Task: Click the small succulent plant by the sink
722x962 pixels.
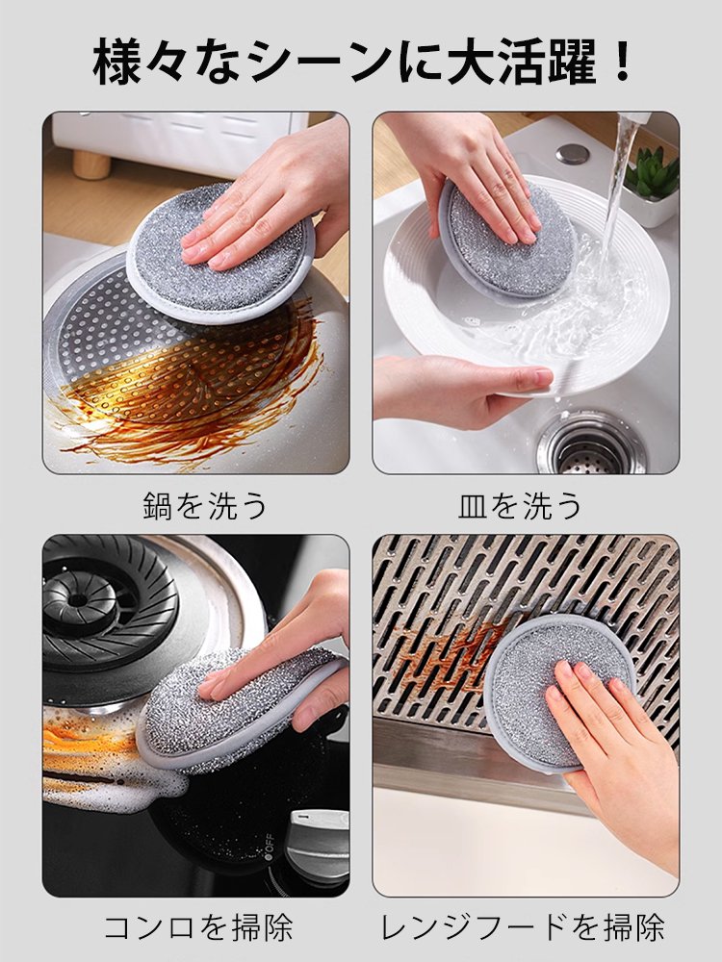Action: click(x=652, y=176)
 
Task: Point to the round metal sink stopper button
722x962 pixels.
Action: click(x=573, y=154)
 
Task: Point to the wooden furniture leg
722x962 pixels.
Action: click(x=91, y=164)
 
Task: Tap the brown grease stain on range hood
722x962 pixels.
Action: click(x=452, y=654)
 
